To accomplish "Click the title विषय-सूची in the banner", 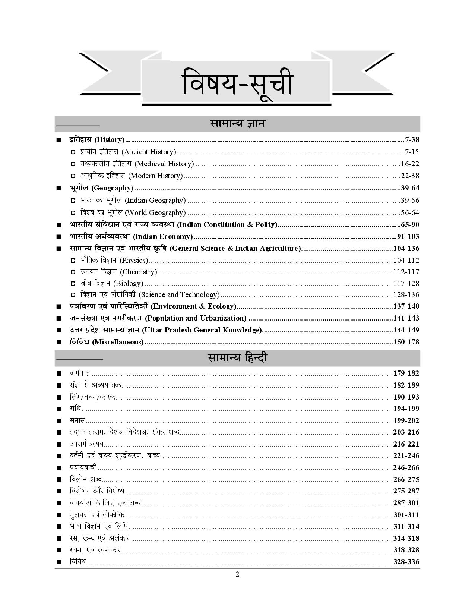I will (237, 85).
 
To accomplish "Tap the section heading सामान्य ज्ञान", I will (237, 124).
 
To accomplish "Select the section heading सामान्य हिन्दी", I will (237, 358).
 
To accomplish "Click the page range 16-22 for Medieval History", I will (410, 164).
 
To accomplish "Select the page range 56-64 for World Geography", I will (410, 213).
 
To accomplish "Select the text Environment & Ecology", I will (193, 306).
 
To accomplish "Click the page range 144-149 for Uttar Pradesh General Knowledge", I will (406, 330).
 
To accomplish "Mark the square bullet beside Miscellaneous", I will (58, 342).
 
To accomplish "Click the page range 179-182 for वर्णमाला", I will (406, 373).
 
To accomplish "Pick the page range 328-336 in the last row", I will (406, 562).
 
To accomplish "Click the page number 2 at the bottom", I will (237, 574).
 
